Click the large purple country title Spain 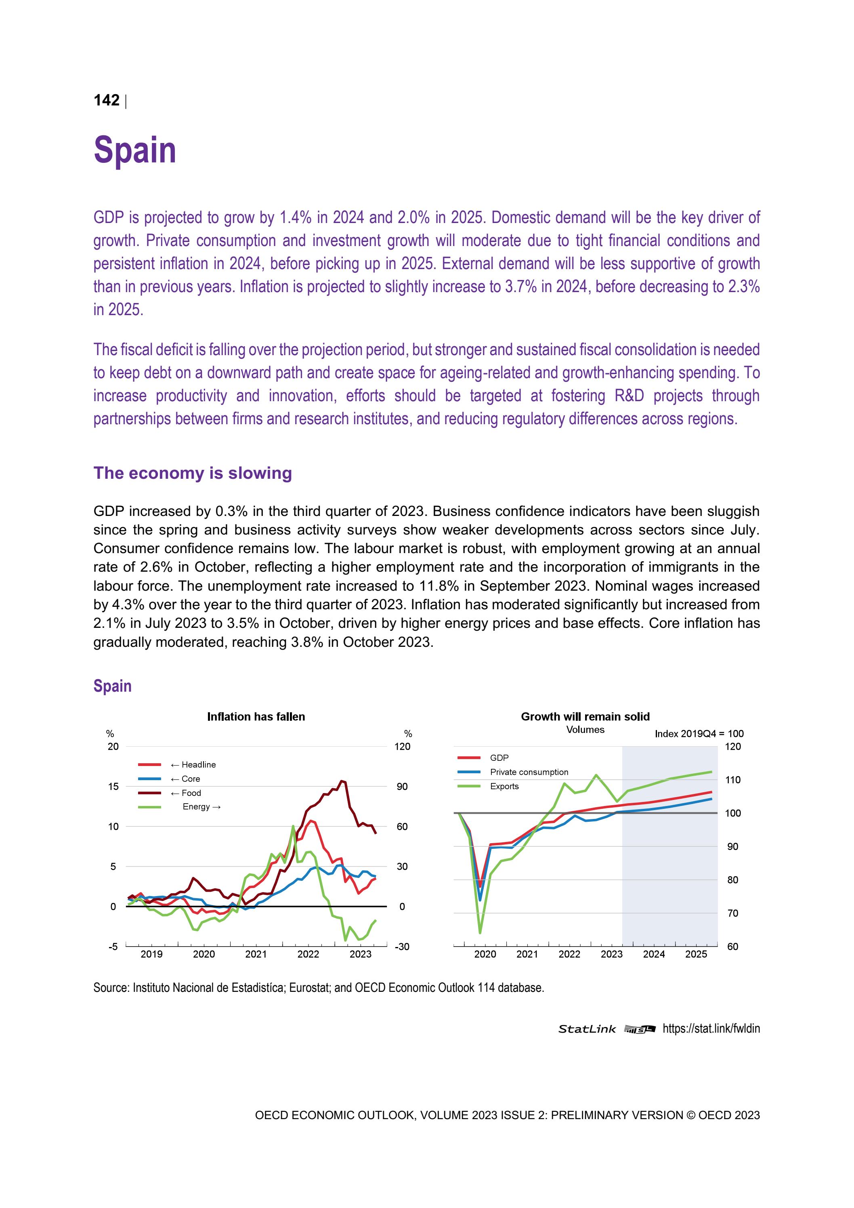click(134, 150)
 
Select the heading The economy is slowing click(193, 473)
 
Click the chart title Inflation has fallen click(256, 717)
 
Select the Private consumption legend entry click(529, 772)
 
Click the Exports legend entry click(504, 786)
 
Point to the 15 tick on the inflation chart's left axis click(113, 787)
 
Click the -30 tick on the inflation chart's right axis click(402, 947)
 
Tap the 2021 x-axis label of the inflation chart click(256, 954)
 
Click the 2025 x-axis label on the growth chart click(696, 954)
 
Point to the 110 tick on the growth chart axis click(733, 780)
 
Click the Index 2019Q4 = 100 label click(699, 733)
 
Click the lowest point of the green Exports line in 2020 click(480, 933)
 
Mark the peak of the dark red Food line click(342, 781)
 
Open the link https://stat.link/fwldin click(711, 1029)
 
